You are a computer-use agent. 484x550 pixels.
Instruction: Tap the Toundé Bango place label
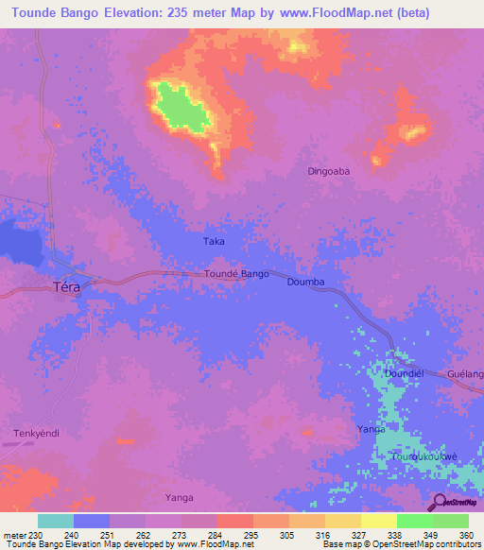(237, 274)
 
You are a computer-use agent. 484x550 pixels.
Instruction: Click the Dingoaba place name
(329, 172)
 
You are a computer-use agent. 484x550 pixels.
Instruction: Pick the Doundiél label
(403, 374)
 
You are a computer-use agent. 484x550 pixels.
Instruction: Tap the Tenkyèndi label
(37, 434)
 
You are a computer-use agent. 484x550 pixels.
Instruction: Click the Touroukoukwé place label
(425, 456)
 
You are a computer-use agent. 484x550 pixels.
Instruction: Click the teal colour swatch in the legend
(56, 521)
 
